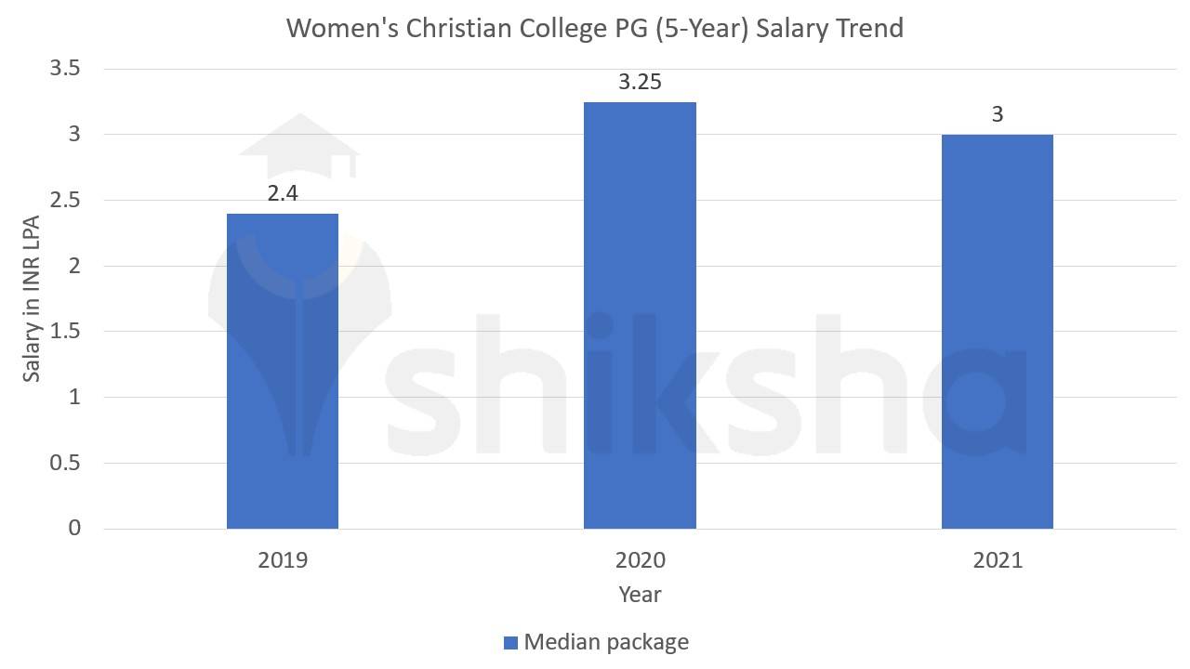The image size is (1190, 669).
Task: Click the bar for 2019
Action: pyautogui.click(x=283, y=372)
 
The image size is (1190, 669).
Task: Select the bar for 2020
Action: pyautogui.click(x=640, y=316)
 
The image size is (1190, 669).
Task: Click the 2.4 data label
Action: pyautogui.click(x=283, y=194)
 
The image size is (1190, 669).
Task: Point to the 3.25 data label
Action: pyautogui.click(x=640, y=83)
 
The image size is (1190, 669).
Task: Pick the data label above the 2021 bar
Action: pyautogui.click(x=998, y=115)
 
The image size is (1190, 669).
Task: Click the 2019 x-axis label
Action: pyautogui.click(x=283, y=560)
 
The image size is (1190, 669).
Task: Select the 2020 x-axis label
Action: pyautogui.click(x=640, y=560)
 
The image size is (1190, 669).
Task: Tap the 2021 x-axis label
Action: pyautogui.click(x=998, y=560)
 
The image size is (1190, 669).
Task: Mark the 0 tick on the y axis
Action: pyautogui.click(x=74, y=529)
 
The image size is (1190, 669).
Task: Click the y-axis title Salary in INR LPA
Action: pyautogui.click(x=32, y=299)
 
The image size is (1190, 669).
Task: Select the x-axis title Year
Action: pyautogui.click(x=640, y=595)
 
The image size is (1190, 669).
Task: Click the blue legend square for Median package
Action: pyautogui.click(x=509, y=643)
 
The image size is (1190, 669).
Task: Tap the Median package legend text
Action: pyautogui.click(x=606, y=642)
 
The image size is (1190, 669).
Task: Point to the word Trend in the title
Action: pyautogui.click(x=868, y=28)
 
